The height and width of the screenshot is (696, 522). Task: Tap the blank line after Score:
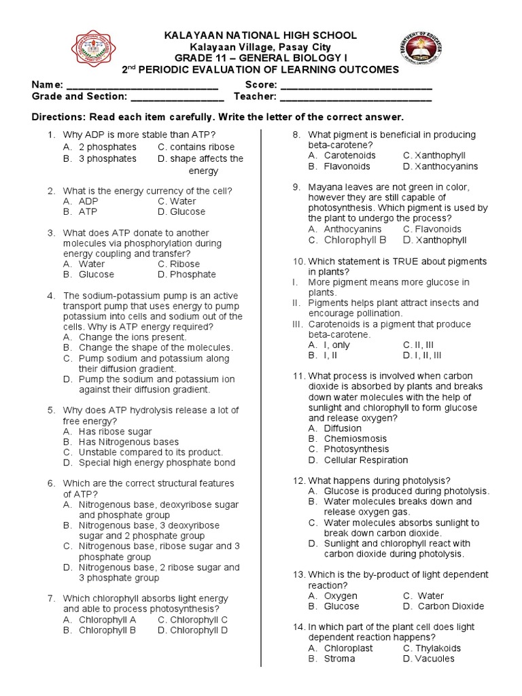pyautogui.click(x=355, y=86)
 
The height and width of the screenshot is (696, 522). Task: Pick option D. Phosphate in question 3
pyautogui.click(x=186, y=275)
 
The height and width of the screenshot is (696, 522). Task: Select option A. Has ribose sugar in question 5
pyautogui.click(x=107, y=432)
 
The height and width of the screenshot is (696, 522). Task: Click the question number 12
pyautogui.click(x=299, y=481)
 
